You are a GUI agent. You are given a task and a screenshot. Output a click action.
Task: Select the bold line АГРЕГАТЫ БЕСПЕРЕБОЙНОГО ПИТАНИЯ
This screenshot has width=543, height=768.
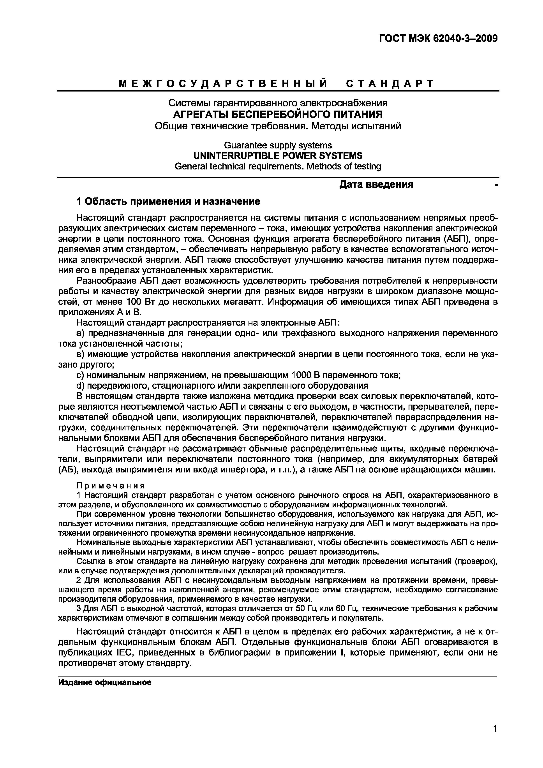[x=278, y=114]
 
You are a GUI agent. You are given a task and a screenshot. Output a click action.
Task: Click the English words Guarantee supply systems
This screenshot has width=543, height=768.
[x=278, y=145]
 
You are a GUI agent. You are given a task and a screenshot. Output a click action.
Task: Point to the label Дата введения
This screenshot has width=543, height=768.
[x=376, y=184]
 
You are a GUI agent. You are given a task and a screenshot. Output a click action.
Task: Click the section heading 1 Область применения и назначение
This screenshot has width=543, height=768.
[x=168, y=201]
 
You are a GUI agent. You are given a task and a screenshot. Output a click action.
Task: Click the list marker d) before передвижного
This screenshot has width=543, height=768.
[x=80, y=386]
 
